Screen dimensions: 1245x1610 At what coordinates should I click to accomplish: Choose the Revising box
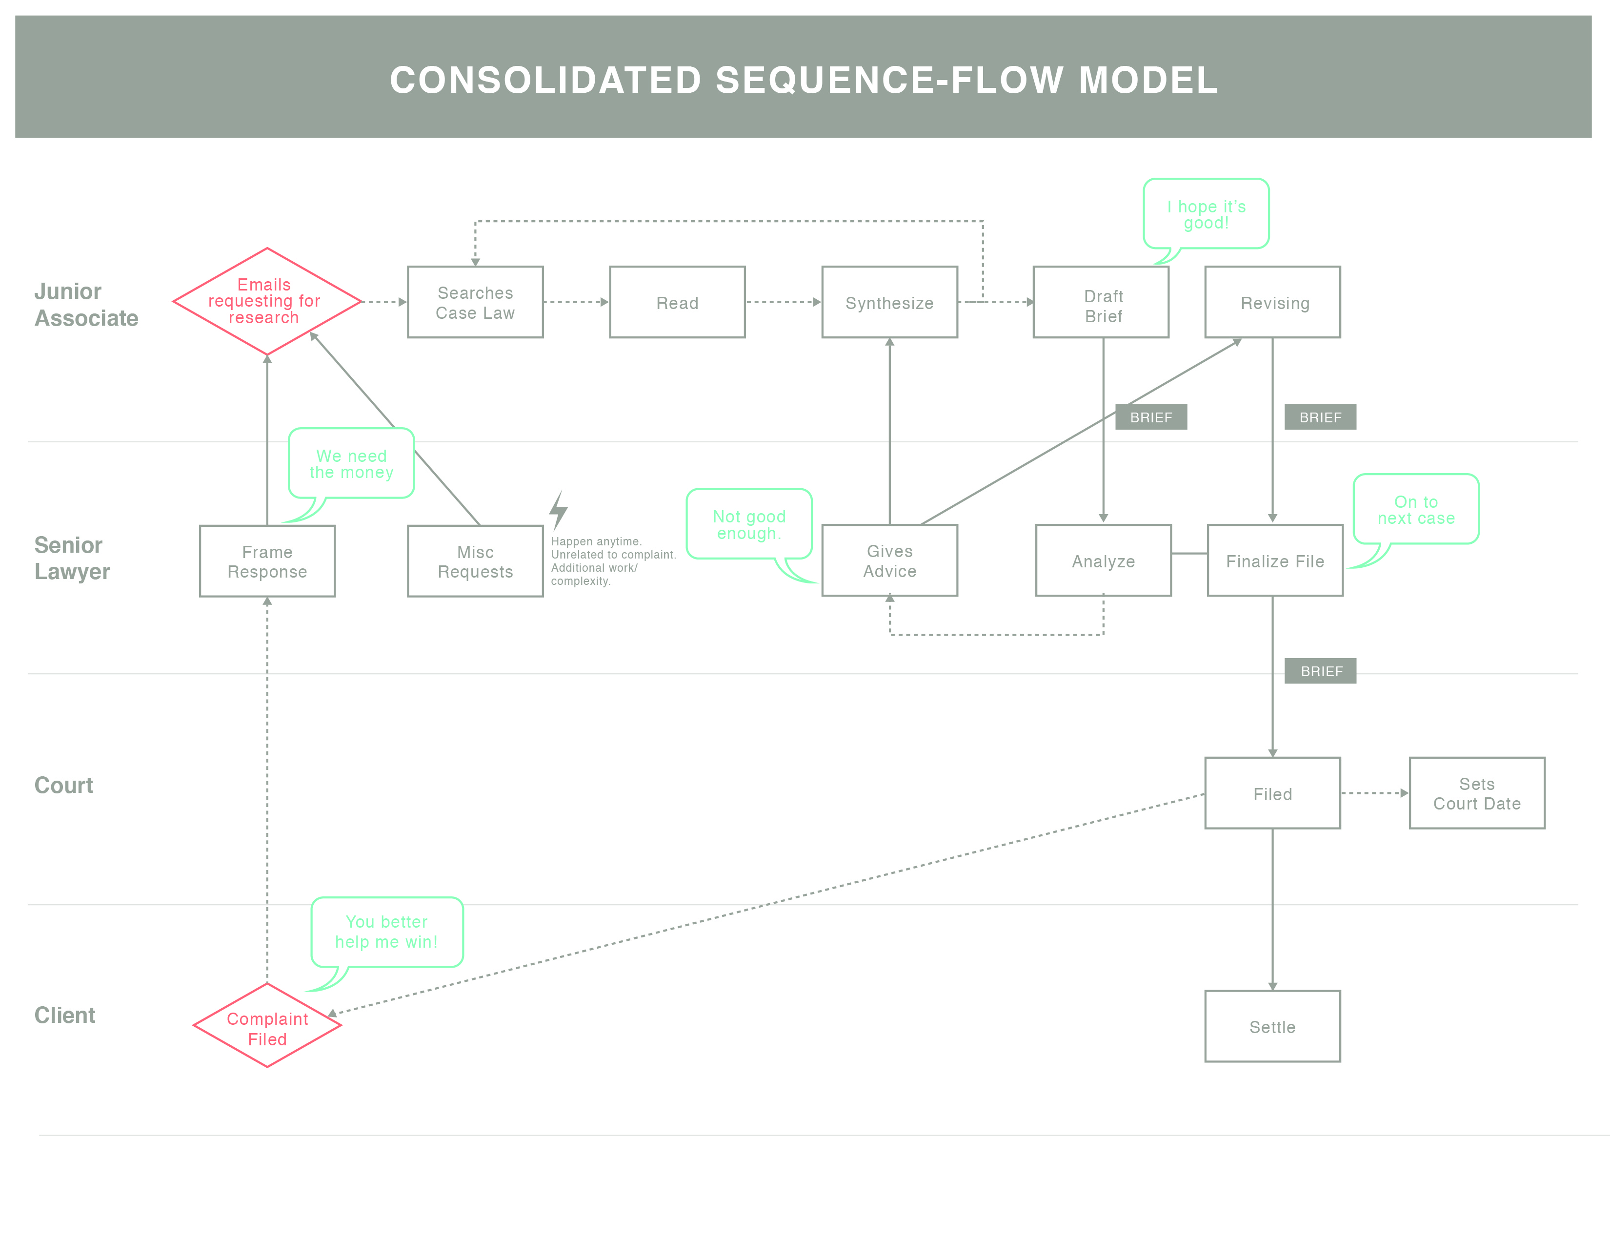(x=1272, y=302)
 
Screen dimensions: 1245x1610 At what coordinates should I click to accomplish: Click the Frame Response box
(x=267, y=561)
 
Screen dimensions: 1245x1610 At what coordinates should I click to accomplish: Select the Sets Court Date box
(x=1477, y=793)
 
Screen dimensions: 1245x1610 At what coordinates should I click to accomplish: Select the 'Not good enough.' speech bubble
(x=749, y=524)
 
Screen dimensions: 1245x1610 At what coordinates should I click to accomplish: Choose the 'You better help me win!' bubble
(x=386, y=932)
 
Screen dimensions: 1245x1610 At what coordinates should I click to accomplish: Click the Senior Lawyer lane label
(x=72, y=559)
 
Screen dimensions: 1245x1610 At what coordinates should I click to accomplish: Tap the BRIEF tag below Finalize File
(x=1320, y=671)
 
